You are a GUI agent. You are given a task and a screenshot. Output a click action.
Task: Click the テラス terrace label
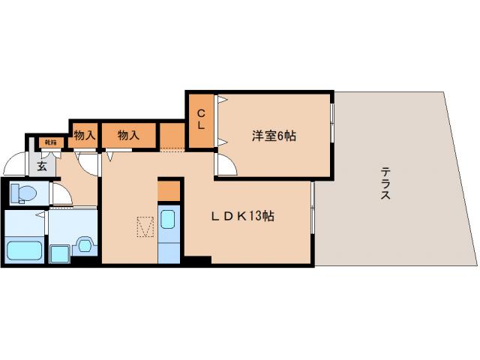point(384,183)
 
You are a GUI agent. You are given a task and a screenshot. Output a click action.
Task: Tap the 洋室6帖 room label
point(274,136)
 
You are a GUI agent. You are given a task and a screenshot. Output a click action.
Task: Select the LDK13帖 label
point(241,216)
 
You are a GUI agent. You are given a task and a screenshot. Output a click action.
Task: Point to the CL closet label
point(201,120)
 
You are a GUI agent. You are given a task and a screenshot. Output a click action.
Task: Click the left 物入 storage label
point(84,136)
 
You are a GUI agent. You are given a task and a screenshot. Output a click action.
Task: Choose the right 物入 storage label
point(129,136)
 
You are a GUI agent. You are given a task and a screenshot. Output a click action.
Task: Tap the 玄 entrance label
point(41,166)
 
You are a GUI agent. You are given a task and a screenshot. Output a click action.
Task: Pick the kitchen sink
point(168,220)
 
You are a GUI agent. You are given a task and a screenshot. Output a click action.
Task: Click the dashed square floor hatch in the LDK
point(145,226)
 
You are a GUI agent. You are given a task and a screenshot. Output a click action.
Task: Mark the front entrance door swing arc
point(13,164)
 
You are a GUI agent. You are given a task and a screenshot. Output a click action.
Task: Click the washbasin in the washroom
point(83,246)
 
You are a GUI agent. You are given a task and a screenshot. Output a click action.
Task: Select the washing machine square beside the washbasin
point(58,252)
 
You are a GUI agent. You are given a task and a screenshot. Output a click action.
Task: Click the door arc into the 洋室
point(225,164)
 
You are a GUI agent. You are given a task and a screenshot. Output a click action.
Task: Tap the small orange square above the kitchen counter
point(169,190)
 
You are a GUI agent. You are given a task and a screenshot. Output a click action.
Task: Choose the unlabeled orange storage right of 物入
point(172,135)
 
